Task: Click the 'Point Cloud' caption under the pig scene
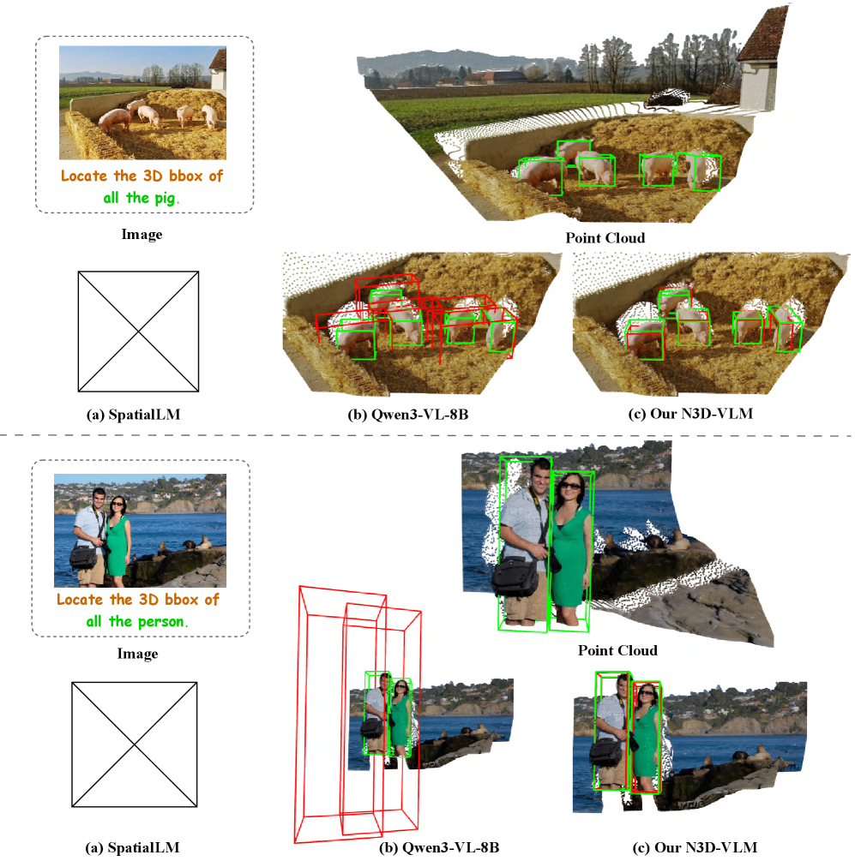pyautogui.click(x=605, y=238)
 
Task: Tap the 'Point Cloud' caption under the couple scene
pyautogui.click(x=617, y=650)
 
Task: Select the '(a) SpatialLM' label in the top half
pyautogui.click(x=134, y=414)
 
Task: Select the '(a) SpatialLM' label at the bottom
pyautogui.click(x=132, y=847)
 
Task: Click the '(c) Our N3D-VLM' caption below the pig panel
pyautogui.click(x=690, y=414)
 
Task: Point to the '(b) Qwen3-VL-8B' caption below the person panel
pyautogui.click(x=439, y=847)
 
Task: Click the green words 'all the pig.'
pyautogui.click(x=141, y=198)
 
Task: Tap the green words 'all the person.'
pyautogui.click(x=137, y=622)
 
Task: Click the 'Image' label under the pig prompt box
pyautogui.click(x=141, y=235)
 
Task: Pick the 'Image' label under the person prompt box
pyautogui.click(x=137, y=654)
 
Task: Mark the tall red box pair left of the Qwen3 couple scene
pyautogui.click(x=357, y=714)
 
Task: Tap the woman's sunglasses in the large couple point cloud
pyautogui.click(x=569, y=486)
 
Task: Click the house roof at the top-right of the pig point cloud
pyautogui.click(x=764, y=33)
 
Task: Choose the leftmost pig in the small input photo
pyautogui.click(x=114, y=119)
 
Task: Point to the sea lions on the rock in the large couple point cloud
pyautogui.click(x=662, y=541)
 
